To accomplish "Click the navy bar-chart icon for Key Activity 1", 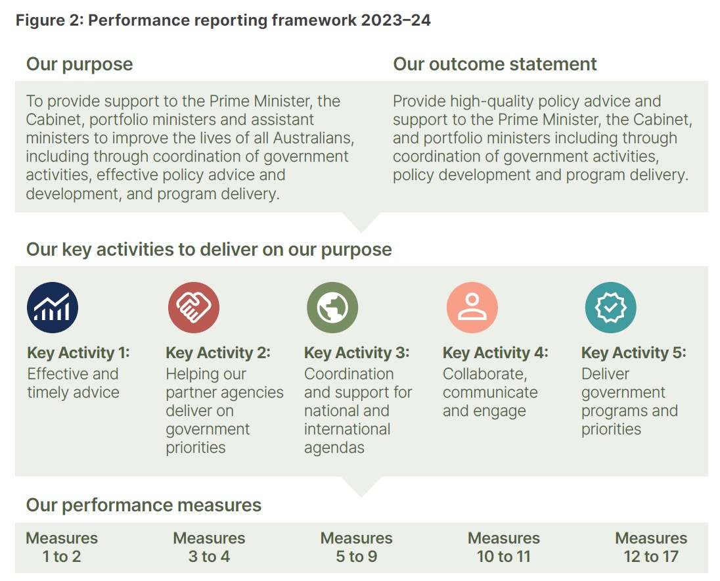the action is pyautogui.click(x=53, y=308).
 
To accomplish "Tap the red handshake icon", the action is pyautogui.click(x=193, y=308).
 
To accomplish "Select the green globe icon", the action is pyautogui.click(x=332, y=308).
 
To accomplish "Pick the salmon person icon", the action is pyautogui.click(x=472, y=308).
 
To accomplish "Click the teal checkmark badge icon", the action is pyautogui.click(x=611, y=308).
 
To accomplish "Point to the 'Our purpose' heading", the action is pyautogui.click(x=79, y=64).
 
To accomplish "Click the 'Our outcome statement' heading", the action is pyautogui.click(x=495, y=64).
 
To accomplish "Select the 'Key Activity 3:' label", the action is pyautogui.click(x=357, y=353).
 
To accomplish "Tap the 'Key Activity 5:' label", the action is pyautogui.click(x=634, y=353).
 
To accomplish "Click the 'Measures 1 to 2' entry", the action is pyautogui.click(x=62, y=547).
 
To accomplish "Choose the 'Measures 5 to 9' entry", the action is pyautogui.click(x=356, y=547).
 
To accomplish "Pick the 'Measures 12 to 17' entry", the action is pyautogui.click(x=651, y=547).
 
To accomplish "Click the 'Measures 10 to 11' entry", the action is pyautogui.click(x=504, y=547).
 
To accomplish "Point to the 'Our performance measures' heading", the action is pyautogui.click(x=144, y=505).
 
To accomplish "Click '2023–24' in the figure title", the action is pyautogui.click(x=396, y=20).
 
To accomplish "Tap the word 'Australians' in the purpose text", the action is pyautogui.click(x=313, y=138).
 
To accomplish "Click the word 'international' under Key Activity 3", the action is pyautogui.click(x=347, y=429).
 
